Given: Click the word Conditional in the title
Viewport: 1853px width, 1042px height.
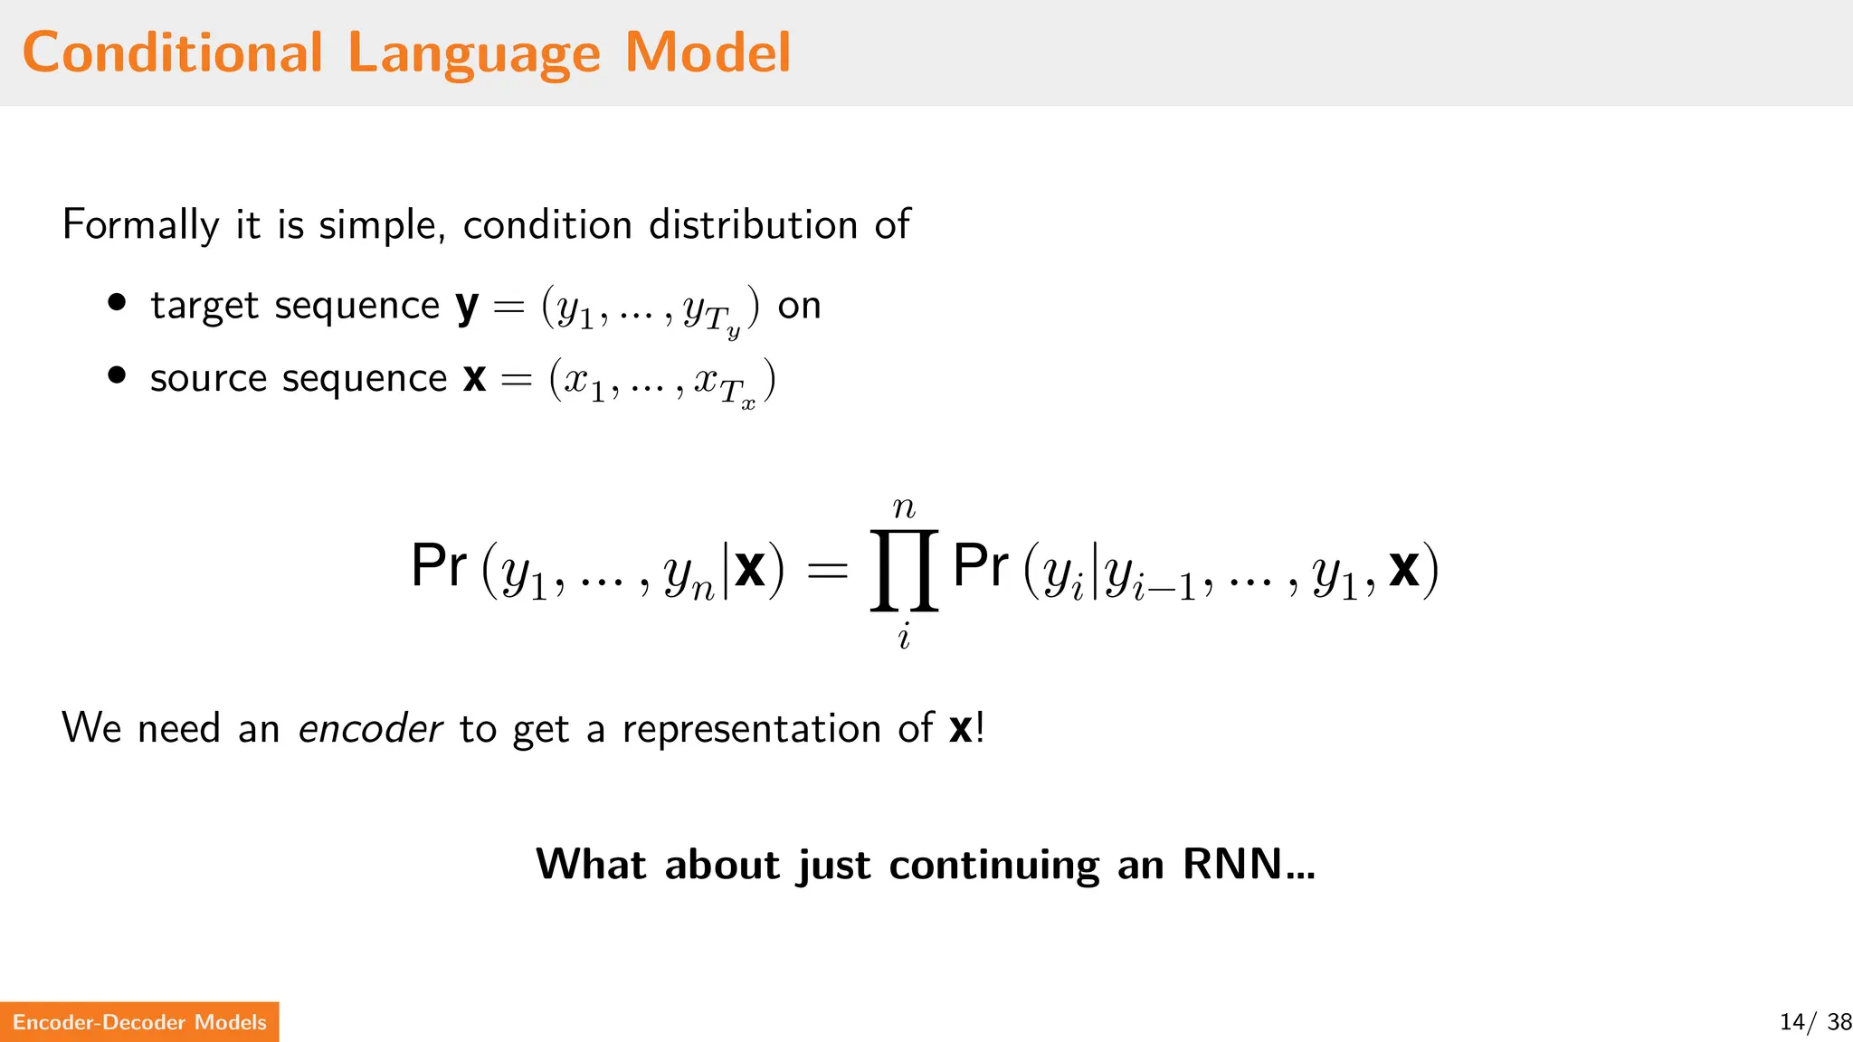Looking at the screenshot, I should pyautogui.click(x=172, y=52).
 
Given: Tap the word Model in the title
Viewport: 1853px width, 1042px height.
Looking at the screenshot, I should pyautogui.click(x=708, y=52).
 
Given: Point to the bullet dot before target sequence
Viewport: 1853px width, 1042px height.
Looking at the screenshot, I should pyautogui.click(x=117, y=303).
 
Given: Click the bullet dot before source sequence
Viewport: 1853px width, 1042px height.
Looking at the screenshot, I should pyautogui.click(x=117, y=375).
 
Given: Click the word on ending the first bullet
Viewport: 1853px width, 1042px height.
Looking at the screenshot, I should pyautogui.click(x=799, y=307).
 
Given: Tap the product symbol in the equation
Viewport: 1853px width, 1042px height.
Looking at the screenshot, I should pyautogui.click(x=904, y=571).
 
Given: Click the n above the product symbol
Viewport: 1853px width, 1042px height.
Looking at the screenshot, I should pyautogui.click(x=904, y=508).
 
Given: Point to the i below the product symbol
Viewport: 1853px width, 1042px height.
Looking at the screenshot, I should pyautogui.click(x=904, y=638).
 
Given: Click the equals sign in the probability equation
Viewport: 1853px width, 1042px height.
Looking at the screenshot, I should pyautogui.click(x=827, y=570).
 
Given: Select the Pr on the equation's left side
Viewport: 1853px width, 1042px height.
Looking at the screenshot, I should pyautogui.click(x=439, y=566).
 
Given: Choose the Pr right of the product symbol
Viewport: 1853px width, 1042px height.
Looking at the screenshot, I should pyautogui.click(x=981, y=566).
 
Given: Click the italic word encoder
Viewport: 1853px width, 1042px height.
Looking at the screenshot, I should pyautogui.click(x=370, y=728).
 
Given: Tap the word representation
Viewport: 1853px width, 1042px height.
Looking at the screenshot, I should pyautogui.click(x=751, y=729).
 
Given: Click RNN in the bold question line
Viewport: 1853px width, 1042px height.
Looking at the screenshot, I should pyautogui.click(x=1232, y=864).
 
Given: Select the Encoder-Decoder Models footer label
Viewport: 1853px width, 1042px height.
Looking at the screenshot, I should pyautogui.click(x=139, y=1022).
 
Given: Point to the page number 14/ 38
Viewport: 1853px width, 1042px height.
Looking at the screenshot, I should pyautogui.click(x=1815, y=1022).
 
